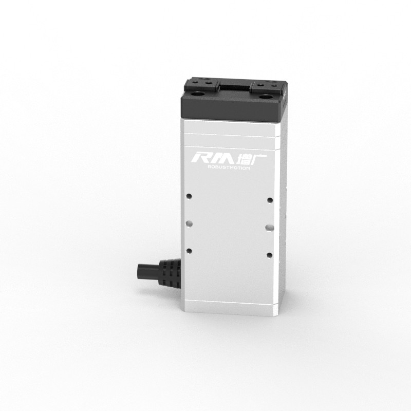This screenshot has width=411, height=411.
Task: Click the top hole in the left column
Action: [190, 196]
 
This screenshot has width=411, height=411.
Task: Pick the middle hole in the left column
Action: [190, 223]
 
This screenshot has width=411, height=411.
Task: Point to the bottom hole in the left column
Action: [190, 250]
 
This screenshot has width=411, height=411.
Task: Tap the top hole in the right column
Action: [269, 199]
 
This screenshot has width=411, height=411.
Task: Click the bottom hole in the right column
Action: [269, 254]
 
